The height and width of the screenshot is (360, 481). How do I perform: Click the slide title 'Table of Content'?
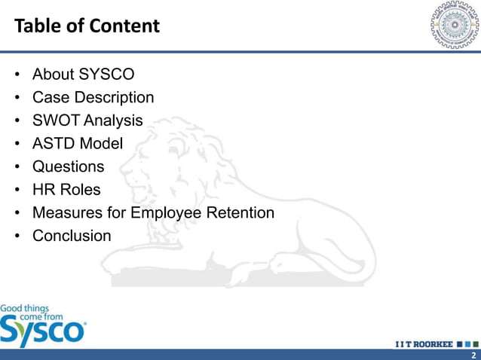click(87, 26)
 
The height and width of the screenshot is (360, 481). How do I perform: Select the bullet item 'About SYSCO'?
click(84, 75)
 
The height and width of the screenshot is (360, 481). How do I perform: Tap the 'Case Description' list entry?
click(93, 97)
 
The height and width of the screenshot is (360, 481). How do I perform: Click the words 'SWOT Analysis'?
click(87, 121)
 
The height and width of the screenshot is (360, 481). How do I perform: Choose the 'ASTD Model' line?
click(77, 143)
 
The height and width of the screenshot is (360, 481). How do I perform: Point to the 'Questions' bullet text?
click(68, 166)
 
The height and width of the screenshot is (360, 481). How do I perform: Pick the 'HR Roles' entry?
click(66, 190)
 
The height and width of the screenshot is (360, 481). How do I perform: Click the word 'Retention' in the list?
click(239, 213)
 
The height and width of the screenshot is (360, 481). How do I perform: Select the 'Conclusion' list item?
click(72, 236)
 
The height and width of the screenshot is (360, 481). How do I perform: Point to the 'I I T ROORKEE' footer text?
click(424, 344)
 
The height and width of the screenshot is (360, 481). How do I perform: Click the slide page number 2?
click(473, 355)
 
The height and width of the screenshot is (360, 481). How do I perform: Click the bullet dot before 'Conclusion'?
click(17, 236)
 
